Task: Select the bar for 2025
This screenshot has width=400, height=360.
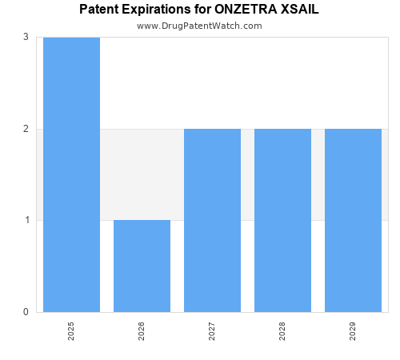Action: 71,174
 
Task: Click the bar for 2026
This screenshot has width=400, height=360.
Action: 142,266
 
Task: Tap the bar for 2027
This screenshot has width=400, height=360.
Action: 212,220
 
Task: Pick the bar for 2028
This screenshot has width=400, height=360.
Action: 282,220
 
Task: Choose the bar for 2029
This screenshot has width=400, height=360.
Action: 353,220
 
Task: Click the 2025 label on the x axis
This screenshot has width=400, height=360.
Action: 71,331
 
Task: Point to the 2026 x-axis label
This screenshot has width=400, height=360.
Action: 142,331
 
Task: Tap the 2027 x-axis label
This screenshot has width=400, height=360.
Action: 212,331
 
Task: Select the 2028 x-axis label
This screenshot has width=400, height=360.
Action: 282,331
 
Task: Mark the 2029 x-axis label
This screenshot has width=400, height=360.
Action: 353,331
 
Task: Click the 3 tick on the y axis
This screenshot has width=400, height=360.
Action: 26,37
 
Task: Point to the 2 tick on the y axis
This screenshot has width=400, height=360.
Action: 26,129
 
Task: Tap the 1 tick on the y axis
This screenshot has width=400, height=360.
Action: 26,220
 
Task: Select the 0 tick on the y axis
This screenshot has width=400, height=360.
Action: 26,312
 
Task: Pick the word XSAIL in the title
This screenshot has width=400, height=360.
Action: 302,10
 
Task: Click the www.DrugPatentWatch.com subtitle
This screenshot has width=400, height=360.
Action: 199,26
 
